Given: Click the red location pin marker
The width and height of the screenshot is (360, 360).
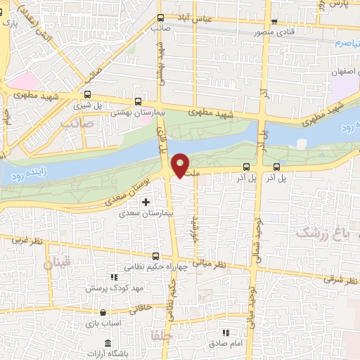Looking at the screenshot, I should point(181,165).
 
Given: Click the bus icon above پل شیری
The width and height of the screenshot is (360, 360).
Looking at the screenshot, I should point(88,94).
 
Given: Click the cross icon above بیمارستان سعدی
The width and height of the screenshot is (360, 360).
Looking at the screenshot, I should point(146,202).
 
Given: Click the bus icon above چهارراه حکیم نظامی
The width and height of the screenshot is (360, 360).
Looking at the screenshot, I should point(156,257).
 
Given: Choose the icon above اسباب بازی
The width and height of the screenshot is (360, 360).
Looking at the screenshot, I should point(103,312).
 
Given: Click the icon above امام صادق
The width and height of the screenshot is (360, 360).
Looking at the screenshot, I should point(225,333).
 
